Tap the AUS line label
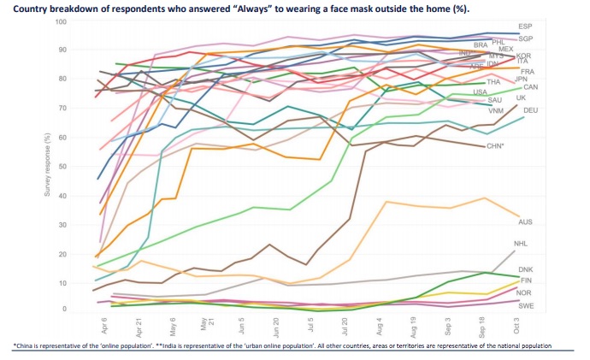pyautogui.click(x=550, y=221)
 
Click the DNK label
pyautogui.click(x=549, y=269)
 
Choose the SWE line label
pyautogui.click(x=550, y=304)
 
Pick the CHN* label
pyautogui.click(x=495, y=147)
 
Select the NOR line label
pyautogui.click(x=550, y=292)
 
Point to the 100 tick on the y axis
pyautogui.click(x=60, y=21)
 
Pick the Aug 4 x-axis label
pyautogui.click(x=378, y=326)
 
